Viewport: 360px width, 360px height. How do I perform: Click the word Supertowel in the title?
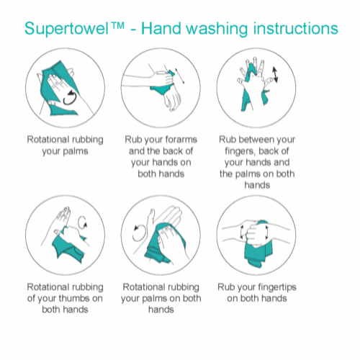tap(67, 29)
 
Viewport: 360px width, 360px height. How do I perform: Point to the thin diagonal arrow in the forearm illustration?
tap(180, 76)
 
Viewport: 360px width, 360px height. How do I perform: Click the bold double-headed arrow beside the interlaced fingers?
tap(275, 75)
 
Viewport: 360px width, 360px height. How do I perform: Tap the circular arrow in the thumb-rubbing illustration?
tap(82, 222)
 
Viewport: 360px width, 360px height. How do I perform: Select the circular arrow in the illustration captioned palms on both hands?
tap(138, 233)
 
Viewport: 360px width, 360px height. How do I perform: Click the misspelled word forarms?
tap(181, 140)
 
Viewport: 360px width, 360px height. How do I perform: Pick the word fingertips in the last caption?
tap(275, 287)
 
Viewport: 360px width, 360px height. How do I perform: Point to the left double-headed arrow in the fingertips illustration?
tap(242, 232)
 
